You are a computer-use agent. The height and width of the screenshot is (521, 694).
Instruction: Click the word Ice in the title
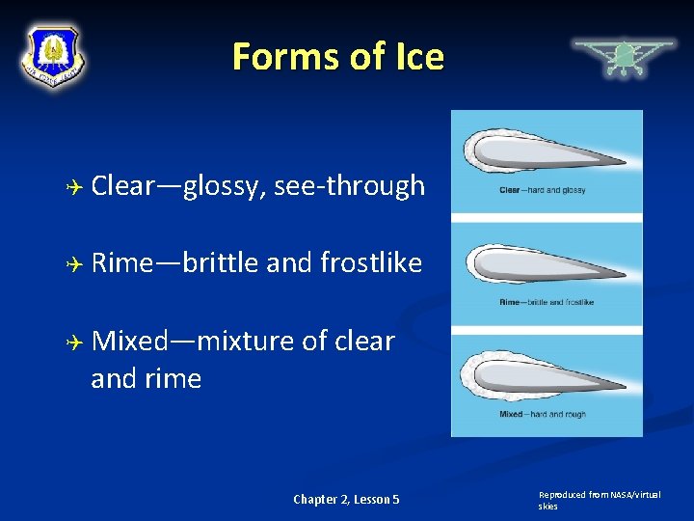pyautogui.click(x=416, y=57)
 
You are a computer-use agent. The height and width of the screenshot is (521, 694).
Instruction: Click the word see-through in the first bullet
pyautogui.click(x=349, y=185)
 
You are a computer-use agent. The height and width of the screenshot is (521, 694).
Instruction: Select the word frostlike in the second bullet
pyautogui.click(x=371, y=262)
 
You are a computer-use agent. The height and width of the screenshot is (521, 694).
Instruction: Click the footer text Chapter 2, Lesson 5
pyautogui.click(x=346, y=499)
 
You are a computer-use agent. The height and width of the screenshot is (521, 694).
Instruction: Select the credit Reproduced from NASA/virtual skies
pyautogui.click(x=600, y=500)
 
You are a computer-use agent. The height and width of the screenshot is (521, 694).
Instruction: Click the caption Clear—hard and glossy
pyautogui.click(x=543, y=190)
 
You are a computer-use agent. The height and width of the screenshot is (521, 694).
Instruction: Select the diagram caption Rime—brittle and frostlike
pyautogui.click(x=547, y=302)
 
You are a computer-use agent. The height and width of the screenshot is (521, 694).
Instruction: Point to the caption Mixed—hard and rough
pyautogui.click(x=542, y=414)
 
